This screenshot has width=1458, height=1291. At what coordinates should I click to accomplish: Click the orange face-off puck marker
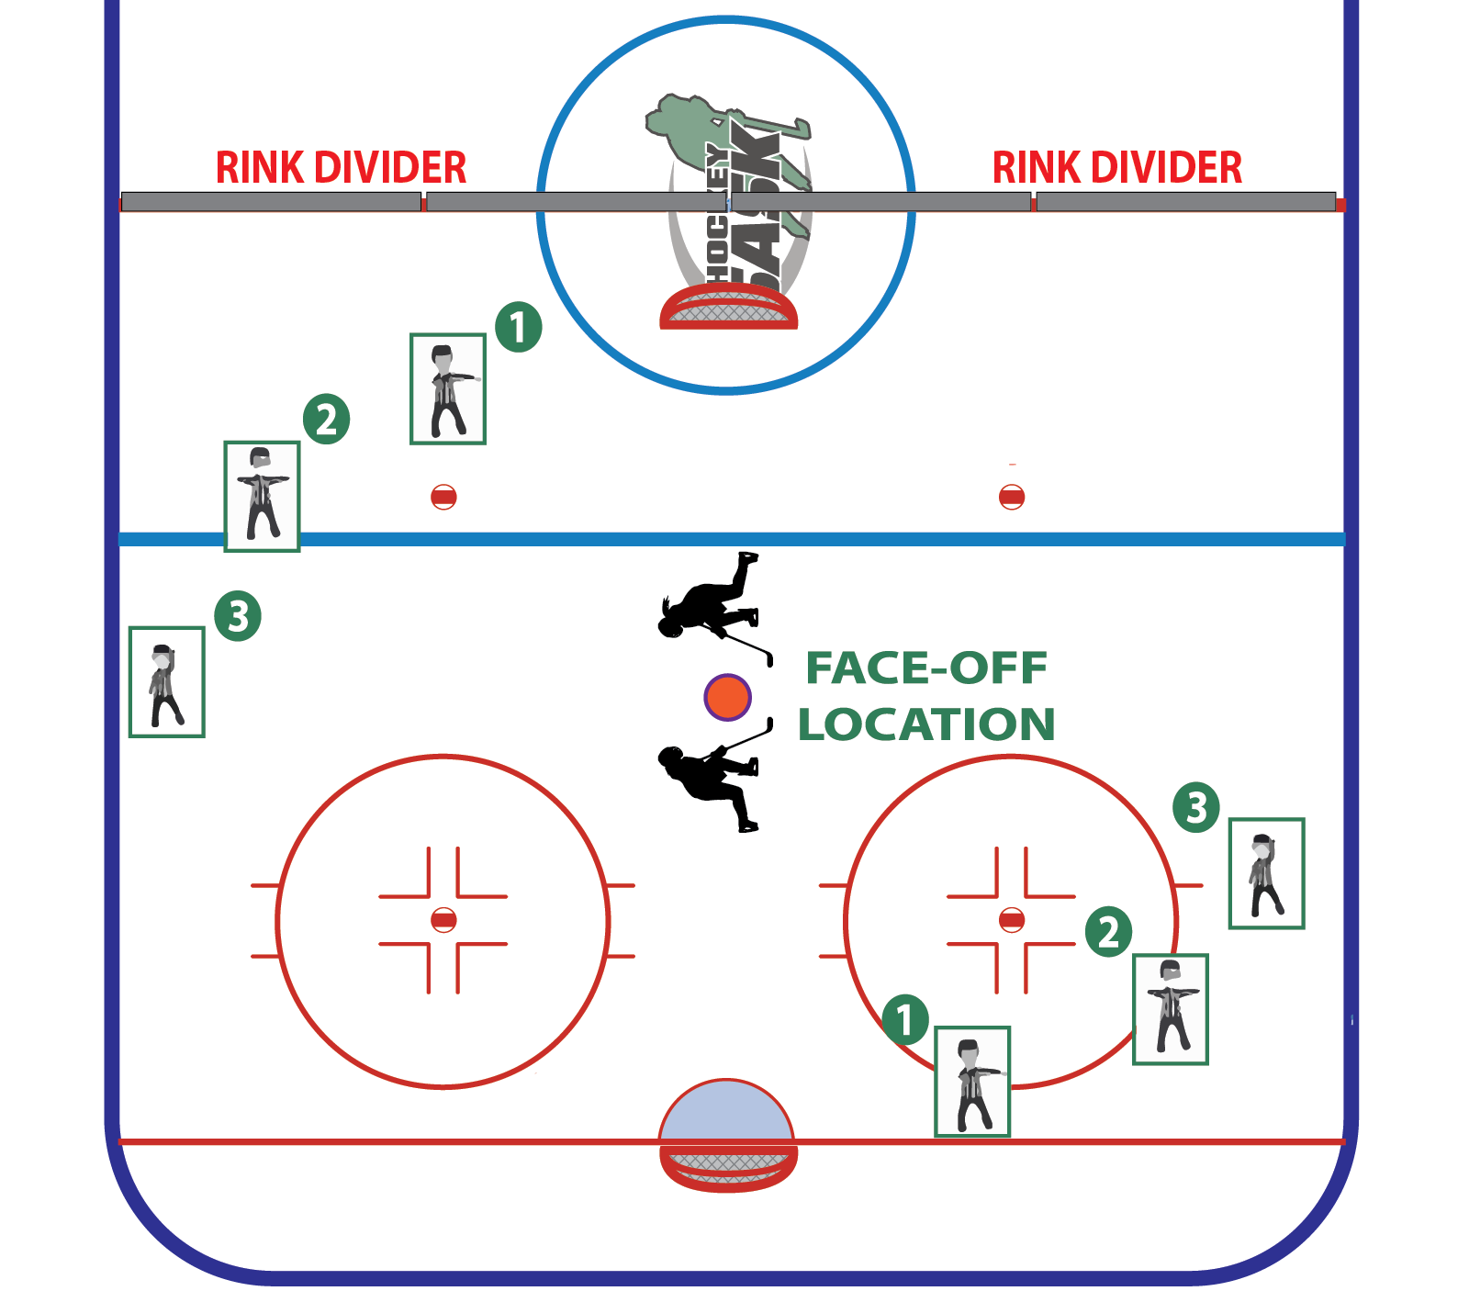point(727,697)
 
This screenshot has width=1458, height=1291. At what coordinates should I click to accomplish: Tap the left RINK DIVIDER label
point(341,168)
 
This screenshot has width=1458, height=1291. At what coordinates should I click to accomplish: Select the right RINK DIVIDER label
point(1116,168)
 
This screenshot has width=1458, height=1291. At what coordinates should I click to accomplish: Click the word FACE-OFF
point(925,668)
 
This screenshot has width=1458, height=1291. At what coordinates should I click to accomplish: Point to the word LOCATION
point(925,724)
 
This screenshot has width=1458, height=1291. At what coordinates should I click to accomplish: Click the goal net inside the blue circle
point(728,308)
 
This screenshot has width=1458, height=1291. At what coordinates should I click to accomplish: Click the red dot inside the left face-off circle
point(443,920)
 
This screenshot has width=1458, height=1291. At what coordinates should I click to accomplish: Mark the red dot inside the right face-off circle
point(1011,920)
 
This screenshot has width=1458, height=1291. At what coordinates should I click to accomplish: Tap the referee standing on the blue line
point(262,496)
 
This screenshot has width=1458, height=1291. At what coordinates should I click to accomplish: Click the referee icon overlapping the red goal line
point(972,1082)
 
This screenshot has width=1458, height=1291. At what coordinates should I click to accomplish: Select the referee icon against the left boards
point(166,681)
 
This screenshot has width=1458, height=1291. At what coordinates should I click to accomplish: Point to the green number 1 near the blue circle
point(519,327)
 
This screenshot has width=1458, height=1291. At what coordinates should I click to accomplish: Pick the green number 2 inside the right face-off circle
point(1108,932)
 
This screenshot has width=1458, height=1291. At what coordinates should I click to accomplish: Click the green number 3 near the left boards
point(238,616)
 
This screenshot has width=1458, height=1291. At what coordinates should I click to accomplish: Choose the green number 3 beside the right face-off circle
point(1196,808)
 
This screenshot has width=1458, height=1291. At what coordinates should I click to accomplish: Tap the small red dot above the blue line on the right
point(1011,497)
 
